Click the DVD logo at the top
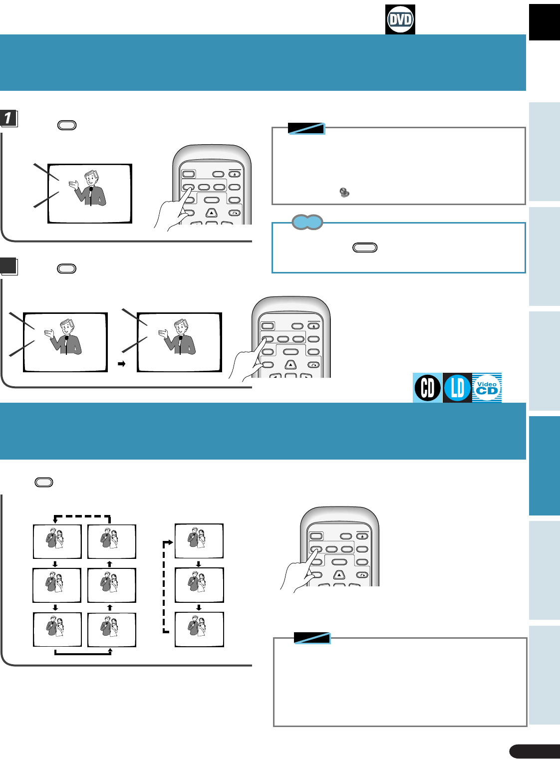point(400,20)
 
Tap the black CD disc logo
point(427,388)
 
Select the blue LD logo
point(457,388)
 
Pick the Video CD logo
point(487,388)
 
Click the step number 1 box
point(8,118)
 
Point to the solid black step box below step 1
point(8,266)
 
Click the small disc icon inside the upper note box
point(344,192)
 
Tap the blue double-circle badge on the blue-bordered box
point(307,222)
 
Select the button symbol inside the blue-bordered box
point(365,248)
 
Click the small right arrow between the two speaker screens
point(121,364)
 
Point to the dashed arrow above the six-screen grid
point(82,517)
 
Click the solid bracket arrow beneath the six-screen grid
point(82,652)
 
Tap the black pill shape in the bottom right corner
point(534,752)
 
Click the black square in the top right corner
point(545,22)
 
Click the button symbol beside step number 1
point(67,125)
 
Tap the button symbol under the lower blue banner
point(44,482)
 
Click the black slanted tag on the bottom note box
point(312,638)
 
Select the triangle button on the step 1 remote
point(212,213)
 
